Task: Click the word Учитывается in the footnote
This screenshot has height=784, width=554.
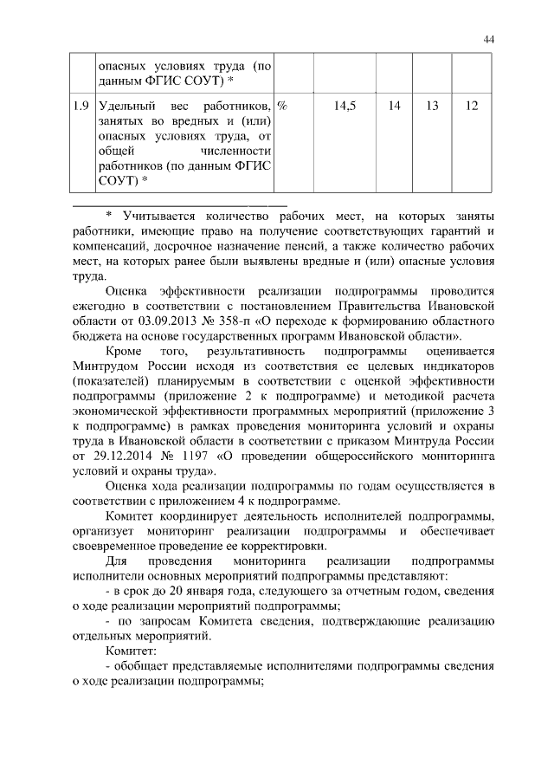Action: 162,214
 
